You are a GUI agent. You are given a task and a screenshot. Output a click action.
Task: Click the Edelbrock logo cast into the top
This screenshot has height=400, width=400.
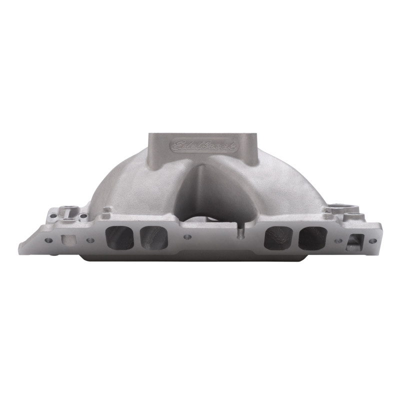pos(205,145)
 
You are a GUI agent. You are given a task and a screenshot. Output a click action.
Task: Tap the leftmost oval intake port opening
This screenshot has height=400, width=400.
pos(120,237)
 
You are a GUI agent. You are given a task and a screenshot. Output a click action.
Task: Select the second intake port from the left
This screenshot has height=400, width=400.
pos(154,237)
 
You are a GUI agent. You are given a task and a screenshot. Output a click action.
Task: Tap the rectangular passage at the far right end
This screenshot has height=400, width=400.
pos(354,241)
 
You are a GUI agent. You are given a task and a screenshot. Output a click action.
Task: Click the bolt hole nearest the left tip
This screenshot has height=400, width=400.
pos(48,240)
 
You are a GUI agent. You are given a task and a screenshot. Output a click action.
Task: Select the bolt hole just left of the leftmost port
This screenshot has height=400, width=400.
pos(90,240)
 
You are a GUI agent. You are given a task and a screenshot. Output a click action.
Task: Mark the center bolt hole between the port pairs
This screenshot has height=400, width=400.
pos(187,237)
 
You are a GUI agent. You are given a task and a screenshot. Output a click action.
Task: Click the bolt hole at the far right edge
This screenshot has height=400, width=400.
pos(372,240)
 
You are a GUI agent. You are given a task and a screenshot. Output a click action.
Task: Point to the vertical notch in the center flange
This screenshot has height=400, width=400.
pos(240,233)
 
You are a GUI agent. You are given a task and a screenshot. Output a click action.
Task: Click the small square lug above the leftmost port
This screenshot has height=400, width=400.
pos(106,210)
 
